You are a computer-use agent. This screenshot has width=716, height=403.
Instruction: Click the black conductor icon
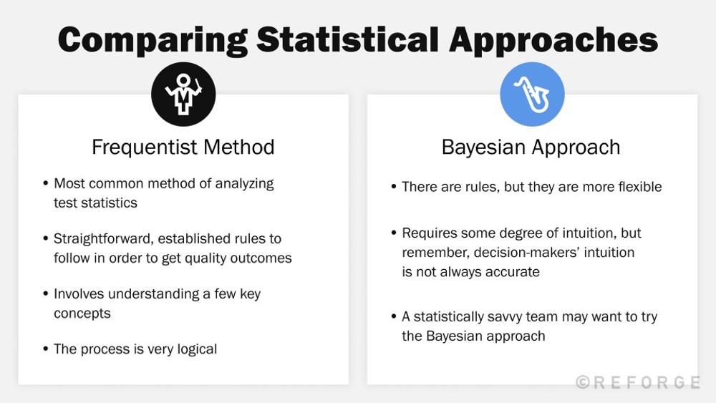tap(183, 94)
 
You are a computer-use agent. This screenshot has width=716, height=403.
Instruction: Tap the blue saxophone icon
tap(532, 94)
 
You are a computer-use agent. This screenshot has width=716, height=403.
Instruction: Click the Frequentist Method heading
tap(183, 147)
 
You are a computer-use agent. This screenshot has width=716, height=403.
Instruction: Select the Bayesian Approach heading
tap(531, 147)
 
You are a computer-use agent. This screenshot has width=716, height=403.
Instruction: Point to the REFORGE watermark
tap(639, 383)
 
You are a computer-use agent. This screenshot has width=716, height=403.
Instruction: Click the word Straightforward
tap(103, 238)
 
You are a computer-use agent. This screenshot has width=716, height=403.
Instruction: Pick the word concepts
tap(82, 314)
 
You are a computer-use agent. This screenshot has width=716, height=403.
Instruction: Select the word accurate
tap(511, 272)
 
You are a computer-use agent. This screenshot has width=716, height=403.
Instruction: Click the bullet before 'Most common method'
tap(45, 184)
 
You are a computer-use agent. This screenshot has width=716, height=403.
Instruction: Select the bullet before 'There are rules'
tap(394, 188)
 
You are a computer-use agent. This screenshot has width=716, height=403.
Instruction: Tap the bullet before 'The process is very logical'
tap(45, 350)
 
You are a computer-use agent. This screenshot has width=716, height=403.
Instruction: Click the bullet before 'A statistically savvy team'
tap(394, 317)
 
